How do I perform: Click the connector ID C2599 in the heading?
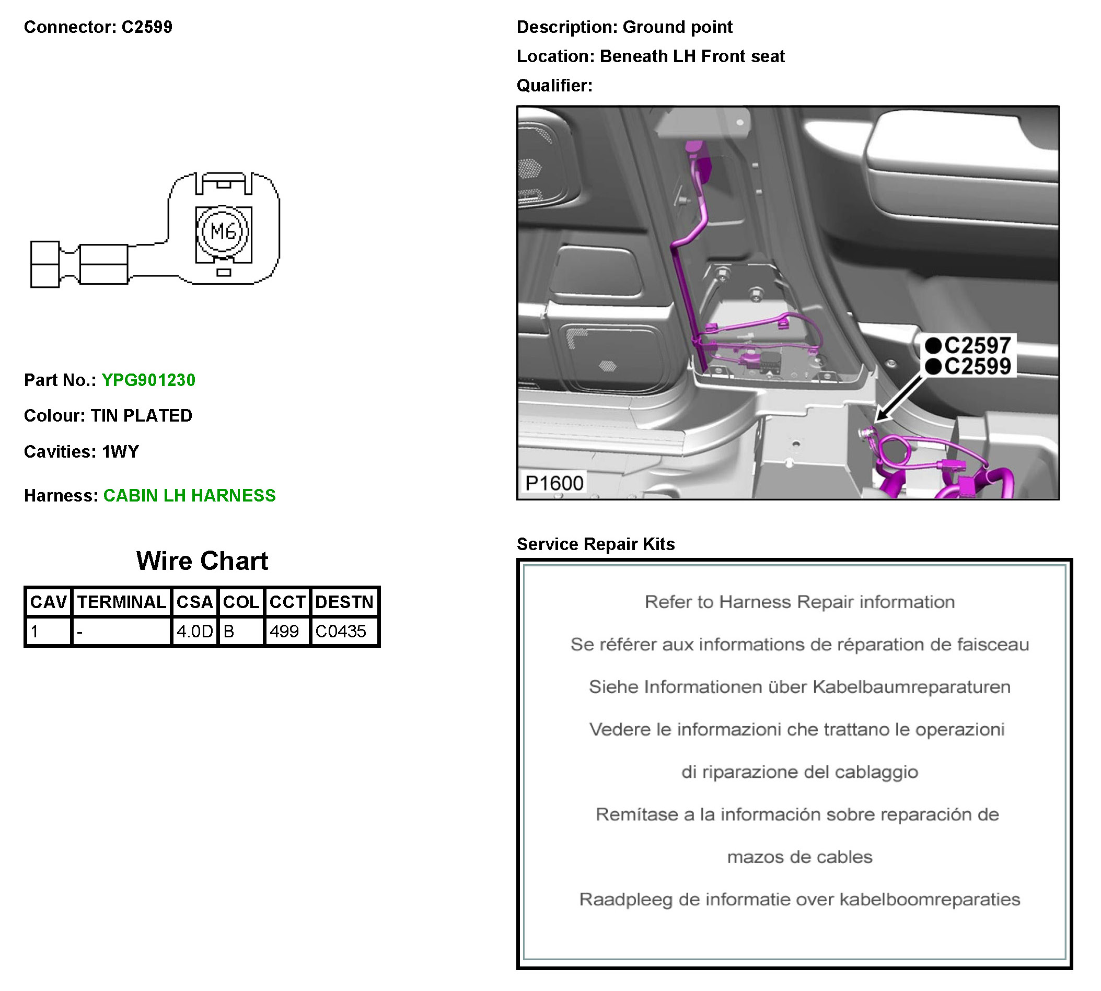146,27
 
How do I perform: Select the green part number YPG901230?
148,380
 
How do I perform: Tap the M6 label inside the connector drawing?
223,231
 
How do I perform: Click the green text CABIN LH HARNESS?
190,495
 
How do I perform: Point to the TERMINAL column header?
121,602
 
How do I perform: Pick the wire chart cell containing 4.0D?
194,631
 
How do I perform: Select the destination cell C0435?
341,631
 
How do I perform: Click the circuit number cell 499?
284,631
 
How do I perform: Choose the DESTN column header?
344,602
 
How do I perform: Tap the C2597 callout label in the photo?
977,345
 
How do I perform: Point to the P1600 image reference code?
553,483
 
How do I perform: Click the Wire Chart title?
202,561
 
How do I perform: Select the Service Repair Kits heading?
595,544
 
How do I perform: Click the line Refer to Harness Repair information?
799,602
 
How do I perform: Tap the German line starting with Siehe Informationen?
799,686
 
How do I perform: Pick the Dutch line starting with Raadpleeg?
799,899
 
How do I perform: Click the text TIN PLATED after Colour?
141,415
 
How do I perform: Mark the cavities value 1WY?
120,451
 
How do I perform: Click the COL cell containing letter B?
229,631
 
